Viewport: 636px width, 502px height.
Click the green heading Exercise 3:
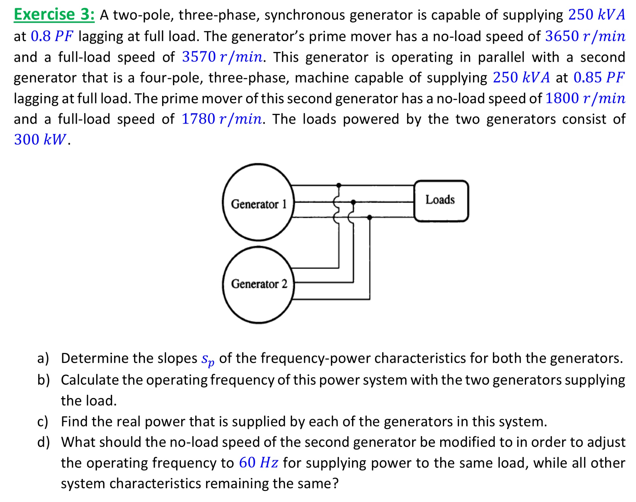(x=54, y=15)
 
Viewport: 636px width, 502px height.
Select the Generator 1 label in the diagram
(x=259, y=204)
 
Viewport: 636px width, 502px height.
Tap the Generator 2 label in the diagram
(x=259, y=284)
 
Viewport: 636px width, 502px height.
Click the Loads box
(x=441, y=200)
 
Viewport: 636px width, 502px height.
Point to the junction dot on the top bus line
(x=339, y=185)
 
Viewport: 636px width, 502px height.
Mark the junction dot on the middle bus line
(x=353, y=202)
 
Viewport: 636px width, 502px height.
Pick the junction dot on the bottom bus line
(x=369, y=217)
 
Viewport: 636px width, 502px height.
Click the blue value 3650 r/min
(x=585, y=36)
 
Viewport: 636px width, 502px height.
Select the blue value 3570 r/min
(x=222, y=57)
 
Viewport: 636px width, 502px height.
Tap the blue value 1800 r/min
(x=585, y=98)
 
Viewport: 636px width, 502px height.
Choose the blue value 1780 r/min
(x=222, y=119)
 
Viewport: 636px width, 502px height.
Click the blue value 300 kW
(x=40, y=140)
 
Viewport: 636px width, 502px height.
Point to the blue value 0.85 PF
(x=598, y=77)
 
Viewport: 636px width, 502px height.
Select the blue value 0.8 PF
(x=52, y=36)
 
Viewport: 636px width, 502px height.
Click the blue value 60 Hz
(x=259, y=463)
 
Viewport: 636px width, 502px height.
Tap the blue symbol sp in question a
(x=208, y=360)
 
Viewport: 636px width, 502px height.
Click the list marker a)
(x=43, y=358)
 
